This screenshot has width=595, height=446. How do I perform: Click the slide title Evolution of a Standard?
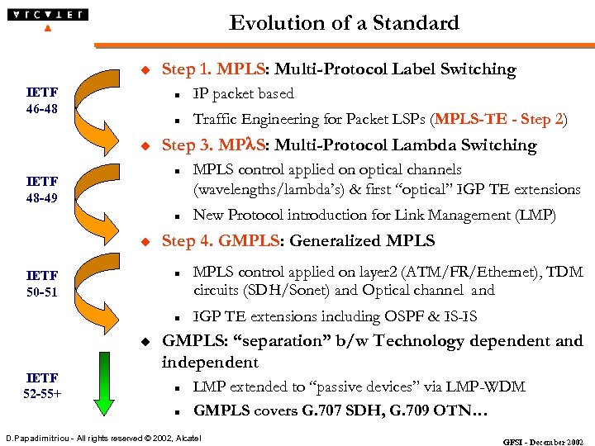pos(344,23)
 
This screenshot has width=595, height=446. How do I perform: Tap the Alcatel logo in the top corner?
pos(47,17)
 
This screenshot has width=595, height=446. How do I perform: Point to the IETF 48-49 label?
pos(41,189)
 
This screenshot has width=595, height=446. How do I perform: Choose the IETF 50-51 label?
pos(41,283)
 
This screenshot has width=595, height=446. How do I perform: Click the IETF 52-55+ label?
pos(41,386)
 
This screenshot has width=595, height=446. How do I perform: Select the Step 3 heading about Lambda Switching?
pos(349,145)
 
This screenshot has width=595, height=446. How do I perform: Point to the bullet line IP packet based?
pos(243,94)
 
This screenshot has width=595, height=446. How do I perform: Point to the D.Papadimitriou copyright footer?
pos(103,436)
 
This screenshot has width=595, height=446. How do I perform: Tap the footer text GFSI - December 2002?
pos(544,441)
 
